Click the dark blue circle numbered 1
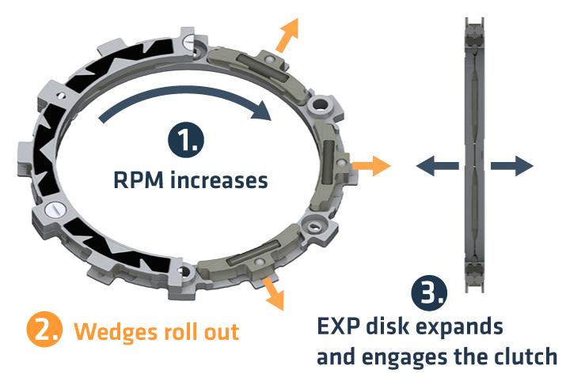click(x=184, y=142)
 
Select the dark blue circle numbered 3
click(x=428, y=294)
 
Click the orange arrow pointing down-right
click(x=273, y=293)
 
